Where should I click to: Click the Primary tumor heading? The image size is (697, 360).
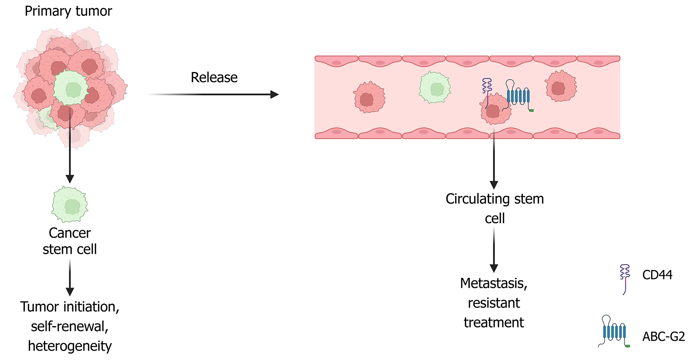68,11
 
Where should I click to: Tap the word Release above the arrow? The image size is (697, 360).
214,78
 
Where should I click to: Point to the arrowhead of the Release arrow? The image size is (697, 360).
275,95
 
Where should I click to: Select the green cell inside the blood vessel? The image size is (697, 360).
435,88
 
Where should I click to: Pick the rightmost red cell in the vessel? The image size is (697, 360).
561,86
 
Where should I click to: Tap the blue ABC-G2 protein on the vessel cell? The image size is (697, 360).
518,96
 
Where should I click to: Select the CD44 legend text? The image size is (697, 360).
657,275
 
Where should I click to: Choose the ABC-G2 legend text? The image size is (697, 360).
664,337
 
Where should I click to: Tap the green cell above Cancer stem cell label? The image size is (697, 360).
70,205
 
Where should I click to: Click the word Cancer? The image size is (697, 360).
70,233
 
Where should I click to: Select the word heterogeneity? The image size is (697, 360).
70,346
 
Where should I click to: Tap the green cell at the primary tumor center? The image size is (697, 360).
71,88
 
